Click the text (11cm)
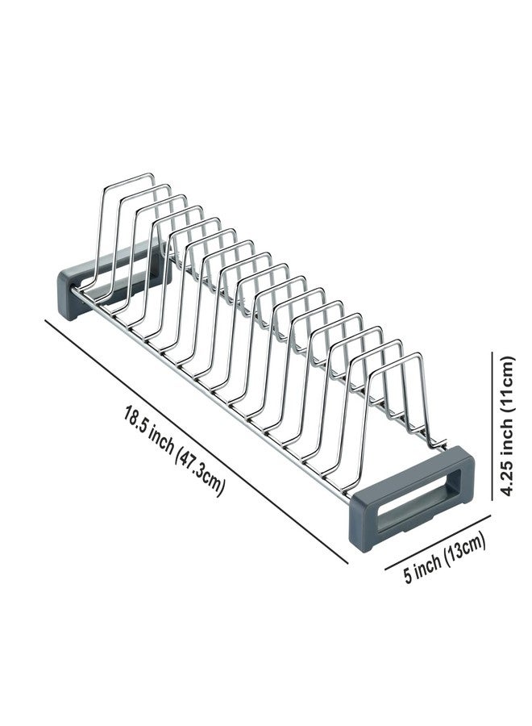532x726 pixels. coord(508,384)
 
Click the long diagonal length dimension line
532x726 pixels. coord(196,441)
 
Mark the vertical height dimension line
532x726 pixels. coord(492,425)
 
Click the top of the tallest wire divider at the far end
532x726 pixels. coord(130,177)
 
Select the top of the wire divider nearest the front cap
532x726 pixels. coord(398,361)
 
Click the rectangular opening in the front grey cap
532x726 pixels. coord(412,503)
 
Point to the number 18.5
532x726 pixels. coord(134,419)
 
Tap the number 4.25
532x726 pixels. coord(508,481)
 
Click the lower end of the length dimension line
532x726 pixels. coord(347,564)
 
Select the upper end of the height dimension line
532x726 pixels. coord(492,352)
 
